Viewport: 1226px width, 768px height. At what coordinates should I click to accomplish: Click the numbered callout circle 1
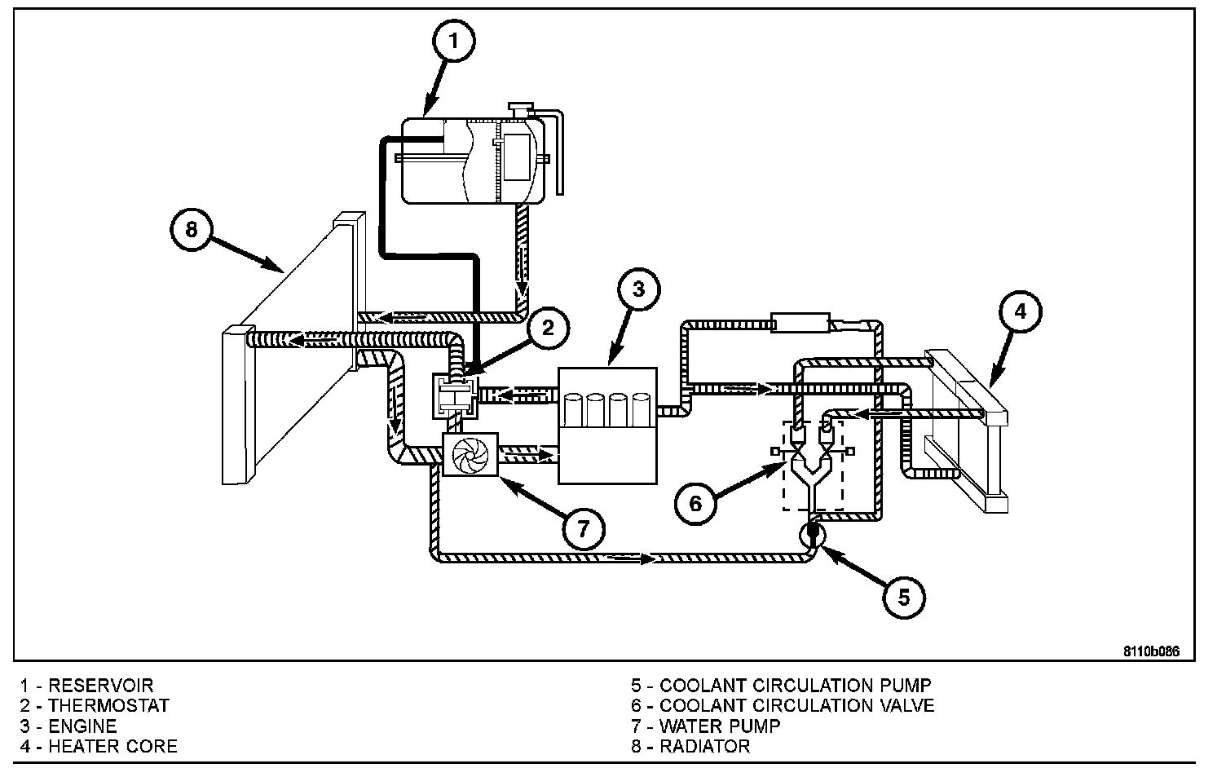454,41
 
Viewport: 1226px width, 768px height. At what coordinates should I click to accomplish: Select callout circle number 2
549,328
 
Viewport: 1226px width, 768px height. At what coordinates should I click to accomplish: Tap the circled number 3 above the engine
639,289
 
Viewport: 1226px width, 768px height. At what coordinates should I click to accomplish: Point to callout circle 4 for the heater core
1021,311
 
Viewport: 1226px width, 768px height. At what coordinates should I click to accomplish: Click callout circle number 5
904,598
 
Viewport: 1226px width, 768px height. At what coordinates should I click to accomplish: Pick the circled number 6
695,503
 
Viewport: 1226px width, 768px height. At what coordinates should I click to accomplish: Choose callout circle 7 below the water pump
584,528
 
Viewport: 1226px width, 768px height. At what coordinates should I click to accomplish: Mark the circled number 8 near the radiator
191,229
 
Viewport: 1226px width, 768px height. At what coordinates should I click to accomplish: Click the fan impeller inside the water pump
470,455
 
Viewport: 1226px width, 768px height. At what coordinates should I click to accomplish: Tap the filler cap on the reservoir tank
521,109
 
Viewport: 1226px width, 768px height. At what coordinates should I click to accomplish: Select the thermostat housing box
455,395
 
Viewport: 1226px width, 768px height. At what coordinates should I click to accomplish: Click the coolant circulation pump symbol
812,534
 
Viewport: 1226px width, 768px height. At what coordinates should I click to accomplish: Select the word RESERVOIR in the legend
101,686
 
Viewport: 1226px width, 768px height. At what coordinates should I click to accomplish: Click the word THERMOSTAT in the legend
109,705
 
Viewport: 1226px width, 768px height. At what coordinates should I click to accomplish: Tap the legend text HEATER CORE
112,746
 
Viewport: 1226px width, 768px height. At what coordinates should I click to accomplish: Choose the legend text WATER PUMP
720,726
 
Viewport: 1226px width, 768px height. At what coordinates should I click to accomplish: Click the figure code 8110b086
1152,651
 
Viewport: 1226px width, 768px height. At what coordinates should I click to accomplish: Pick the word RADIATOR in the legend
704,746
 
